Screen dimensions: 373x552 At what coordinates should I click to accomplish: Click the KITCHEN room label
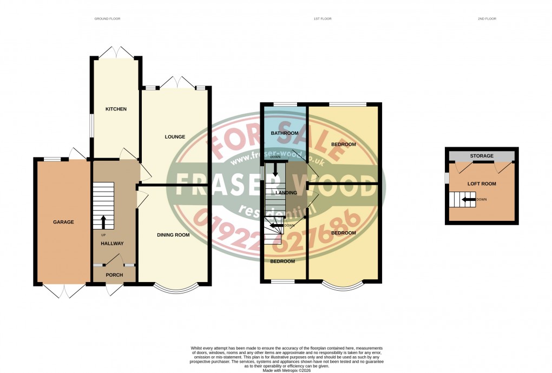click(x=116, y=109)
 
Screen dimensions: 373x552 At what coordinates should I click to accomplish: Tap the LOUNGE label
click(x=175, y=137)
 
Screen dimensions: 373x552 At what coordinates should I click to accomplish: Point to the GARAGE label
click(x=63, y=222)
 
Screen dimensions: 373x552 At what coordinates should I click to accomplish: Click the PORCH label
click(x=114, y=275)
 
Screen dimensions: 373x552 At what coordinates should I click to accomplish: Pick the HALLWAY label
click(x=112, y=244)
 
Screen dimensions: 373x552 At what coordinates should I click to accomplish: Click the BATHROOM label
click(x=284, y=133)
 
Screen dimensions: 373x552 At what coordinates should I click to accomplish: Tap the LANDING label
click(x=286, y=192)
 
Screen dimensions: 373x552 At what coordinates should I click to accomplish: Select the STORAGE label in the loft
click(x=481, y=156)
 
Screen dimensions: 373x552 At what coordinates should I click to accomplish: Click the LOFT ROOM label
click(x=482, y=184)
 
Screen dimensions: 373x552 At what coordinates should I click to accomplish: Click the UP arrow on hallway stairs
click(x=103, y=221)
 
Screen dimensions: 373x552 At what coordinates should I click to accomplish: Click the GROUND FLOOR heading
click(x=107, y=19)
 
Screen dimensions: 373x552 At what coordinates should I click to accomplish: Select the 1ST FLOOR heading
click(x=323, y=19)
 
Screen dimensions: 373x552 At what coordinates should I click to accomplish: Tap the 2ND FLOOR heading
click(x=487, y=19)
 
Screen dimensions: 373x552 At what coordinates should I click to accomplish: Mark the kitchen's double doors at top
click(x=116, y=51)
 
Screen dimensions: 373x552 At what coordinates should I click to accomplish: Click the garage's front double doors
click(x=63, y=291)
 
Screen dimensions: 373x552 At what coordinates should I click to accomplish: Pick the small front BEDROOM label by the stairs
click(x=283, y=261)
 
